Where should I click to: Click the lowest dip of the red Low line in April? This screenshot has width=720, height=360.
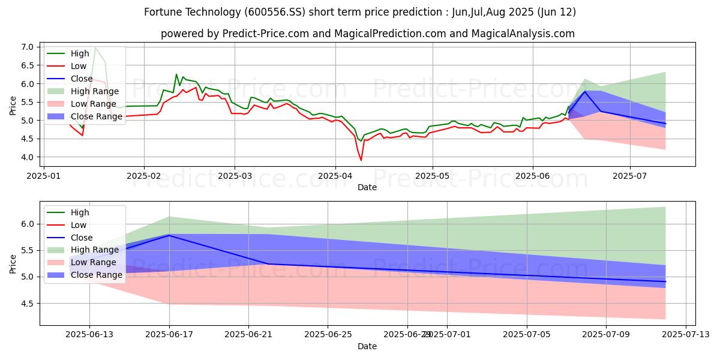[x=361, y=160]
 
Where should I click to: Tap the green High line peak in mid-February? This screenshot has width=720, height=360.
[x=176, y=74]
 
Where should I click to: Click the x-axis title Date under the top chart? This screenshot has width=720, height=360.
[x=367, y=187]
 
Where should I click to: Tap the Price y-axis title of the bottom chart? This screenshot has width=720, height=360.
[x=13, y=263]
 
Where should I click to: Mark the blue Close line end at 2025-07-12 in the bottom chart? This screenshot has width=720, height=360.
[x=665, y=281]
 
